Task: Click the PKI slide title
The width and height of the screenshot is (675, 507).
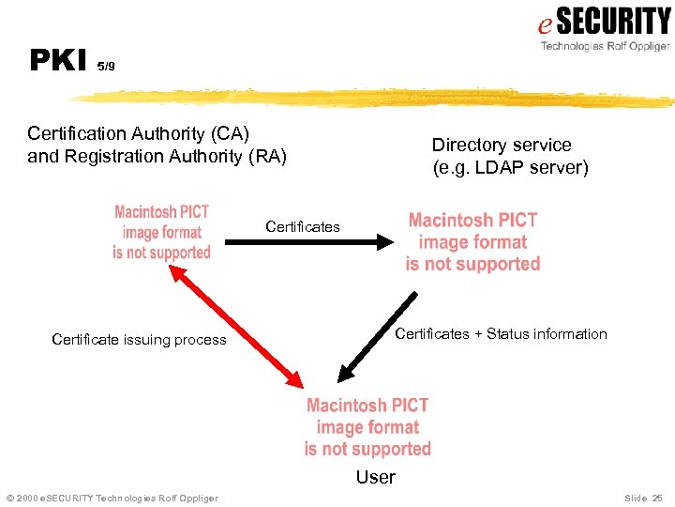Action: [x=59, y=60]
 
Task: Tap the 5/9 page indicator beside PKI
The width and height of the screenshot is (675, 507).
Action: [x=106, y=67]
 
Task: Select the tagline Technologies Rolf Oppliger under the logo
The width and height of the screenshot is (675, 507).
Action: [x=605, y=46]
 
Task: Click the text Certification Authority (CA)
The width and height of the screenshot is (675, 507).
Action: [x=139, y=133]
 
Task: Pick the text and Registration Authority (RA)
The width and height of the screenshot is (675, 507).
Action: [x=157, y=156]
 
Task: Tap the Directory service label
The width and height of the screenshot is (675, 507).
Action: [x=501, y=145]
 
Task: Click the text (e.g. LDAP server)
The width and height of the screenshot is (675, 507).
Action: [x=510, y=168]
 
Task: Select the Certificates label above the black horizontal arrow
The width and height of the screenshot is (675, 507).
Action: [x=303, y=226]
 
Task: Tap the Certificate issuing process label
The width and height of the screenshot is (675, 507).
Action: [x=139, y=340]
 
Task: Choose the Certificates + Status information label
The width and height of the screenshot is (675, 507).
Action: [x=501, y=334]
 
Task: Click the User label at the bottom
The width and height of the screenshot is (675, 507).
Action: [x=375, y=477]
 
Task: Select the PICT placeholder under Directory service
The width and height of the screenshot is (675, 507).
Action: [x=472, y=242]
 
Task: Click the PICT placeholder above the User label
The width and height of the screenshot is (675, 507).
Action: [x=367, y=427]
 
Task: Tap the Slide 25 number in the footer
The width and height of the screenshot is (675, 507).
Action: [x=642, y=498]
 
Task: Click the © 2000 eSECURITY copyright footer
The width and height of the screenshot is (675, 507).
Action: [x=112, y=498]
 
